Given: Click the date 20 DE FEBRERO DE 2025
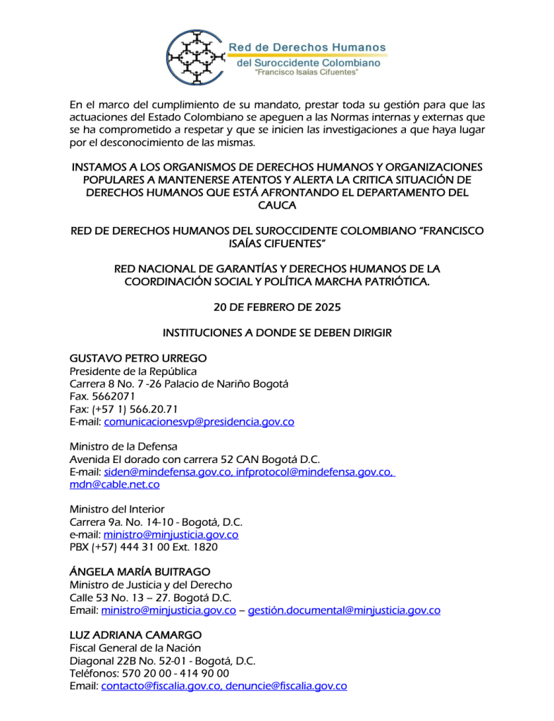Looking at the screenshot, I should [276, 307].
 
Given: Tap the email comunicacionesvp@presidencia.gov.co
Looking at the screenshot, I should [199, 421].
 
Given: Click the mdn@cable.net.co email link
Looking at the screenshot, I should [114, 484].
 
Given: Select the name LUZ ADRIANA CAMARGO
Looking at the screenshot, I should [135, 634].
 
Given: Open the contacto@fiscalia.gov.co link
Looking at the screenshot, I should [160, 685].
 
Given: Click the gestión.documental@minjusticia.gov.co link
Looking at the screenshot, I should [344, 610].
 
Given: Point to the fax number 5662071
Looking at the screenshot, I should [108, 396].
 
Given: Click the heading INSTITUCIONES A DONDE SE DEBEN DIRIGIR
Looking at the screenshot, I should [276, 333].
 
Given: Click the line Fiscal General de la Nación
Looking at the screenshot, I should [135, 647].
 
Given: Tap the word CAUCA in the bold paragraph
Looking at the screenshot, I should [276, 205].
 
